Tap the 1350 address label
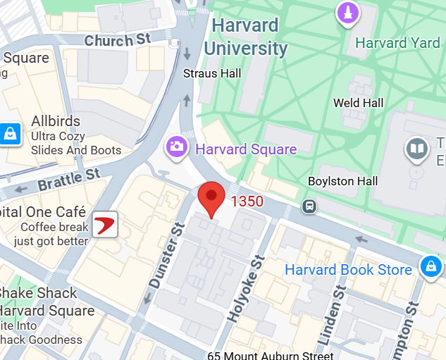pos(247,202)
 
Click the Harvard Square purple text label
pos(246,149)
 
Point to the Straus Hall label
pos(211,73)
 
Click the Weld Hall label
pos(358,103)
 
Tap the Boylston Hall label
pos(343,181)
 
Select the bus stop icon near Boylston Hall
pos(308,206)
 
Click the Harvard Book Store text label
pos(348,270)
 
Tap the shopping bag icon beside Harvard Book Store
pos(429,266)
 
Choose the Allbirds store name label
pos(56,121)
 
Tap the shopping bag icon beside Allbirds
pos(10,132)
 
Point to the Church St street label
pos(118,39)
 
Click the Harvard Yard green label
pos(397,43)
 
